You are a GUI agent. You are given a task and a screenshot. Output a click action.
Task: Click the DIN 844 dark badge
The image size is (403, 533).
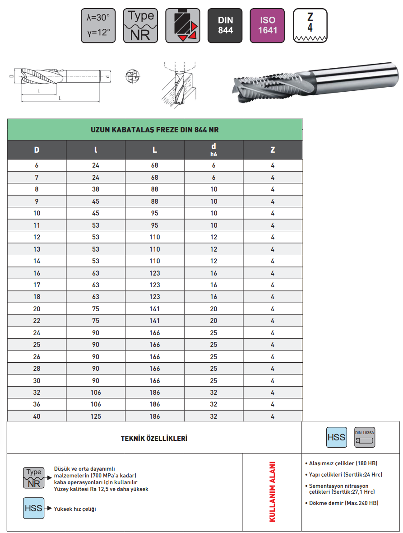225,26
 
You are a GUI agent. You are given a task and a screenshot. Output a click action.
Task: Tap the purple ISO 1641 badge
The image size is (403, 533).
267,26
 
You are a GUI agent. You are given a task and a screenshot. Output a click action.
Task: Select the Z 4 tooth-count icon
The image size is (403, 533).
310,26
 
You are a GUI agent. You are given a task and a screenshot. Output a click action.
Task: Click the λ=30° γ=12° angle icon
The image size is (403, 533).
98,26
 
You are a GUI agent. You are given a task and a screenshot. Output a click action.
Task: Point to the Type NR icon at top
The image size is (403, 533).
140,26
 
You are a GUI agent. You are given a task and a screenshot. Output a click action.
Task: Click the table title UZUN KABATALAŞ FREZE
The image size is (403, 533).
155,130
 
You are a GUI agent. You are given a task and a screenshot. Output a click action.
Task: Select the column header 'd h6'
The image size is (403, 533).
213,150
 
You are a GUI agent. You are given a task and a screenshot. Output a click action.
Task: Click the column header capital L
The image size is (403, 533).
155,150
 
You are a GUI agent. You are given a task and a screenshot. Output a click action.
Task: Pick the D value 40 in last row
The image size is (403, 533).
37,416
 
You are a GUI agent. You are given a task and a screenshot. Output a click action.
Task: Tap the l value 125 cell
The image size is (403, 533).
96,416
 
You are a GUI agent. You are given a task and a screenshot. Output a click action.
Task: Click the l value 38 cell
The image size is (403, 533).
96,189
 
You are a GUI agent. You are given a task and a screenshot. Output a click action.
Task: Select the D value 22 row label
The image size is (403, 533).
37,321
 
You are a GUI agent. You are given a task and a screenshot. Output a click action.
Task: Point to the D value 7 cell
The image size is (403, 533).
37,178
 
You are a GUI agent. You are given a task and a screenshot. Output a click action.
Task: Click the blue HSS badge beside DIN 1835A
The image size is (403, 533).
336,437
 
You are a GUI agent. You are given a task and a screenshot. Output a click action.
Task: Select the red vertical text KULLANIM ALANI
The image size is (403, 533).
272,492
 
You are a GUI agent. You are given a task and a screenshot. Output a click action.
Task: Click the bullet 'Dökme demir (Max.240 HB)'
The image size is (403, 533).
343,503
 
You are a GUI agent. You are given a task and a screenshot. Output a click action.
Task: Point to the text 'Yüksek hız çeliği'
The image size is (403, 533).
75,509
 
